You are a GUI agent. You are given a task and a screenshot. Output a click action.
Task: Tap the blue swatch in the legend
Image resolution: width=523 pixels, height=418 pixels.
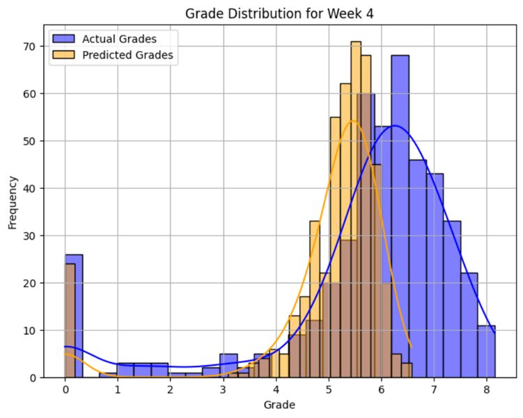pyautogui.click(x=64, y=39)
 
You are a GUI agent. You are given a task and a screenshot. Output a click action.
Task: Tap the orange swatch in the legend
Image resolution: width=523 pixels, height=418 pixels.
pyautogui.click(x=64, y=56)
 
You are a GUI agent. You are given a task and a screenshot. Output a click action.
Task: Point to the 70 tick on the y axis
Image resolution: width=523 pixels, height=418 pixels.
pyautogui.click(x=29, y=46)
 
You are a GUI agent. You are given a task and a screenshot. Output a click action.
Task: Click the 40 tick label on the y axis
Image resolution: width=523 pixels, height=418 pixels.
pyautogui.click(x=29, y=188)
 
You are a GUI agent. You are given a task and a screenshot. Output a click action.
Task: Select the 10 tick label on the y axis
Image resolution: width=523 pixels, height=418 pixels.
pyautogui.click(x=29, y=330)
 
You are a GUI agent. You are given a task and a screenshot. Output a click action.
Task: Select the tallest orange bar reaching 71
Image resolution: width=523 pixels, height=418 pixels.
pyautogui.click(x=355, y=209)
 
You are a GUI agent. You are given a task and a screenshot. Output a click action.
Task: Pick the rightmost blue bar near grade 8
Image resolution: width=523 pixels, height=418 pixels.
pyautogui.click(x=486, y=351)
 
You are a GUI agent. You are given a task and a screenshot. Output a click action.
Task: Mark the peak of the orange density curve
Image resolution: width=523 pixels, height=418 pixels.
pyautogui.click(x=352, y=121)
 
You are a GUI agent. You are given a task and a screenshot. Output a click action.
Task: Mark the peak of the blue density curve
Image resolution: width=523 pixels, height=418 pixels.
pyautogui.click(x=395, y=125)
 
